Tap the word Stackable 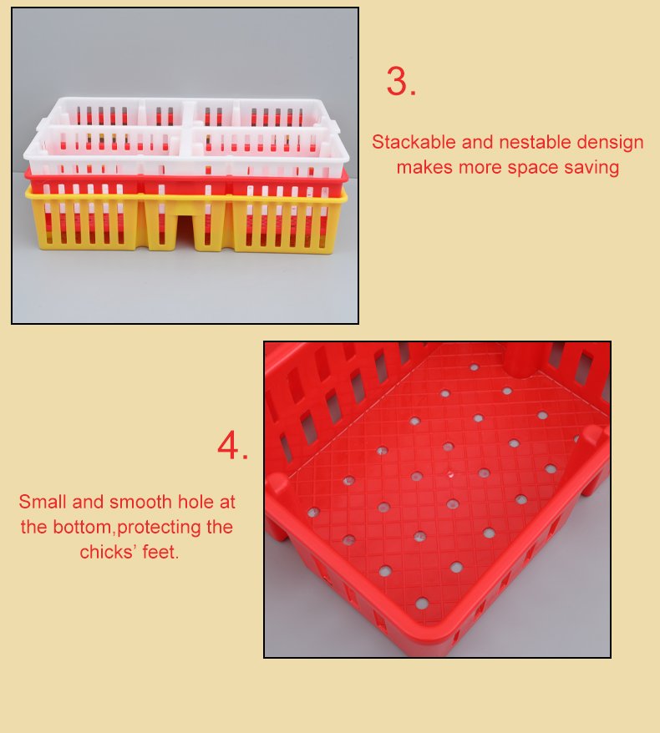[414, 142]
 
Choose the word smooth [141, 502]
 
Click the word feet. [160, 552]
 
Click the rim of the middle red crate [186, 178]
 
